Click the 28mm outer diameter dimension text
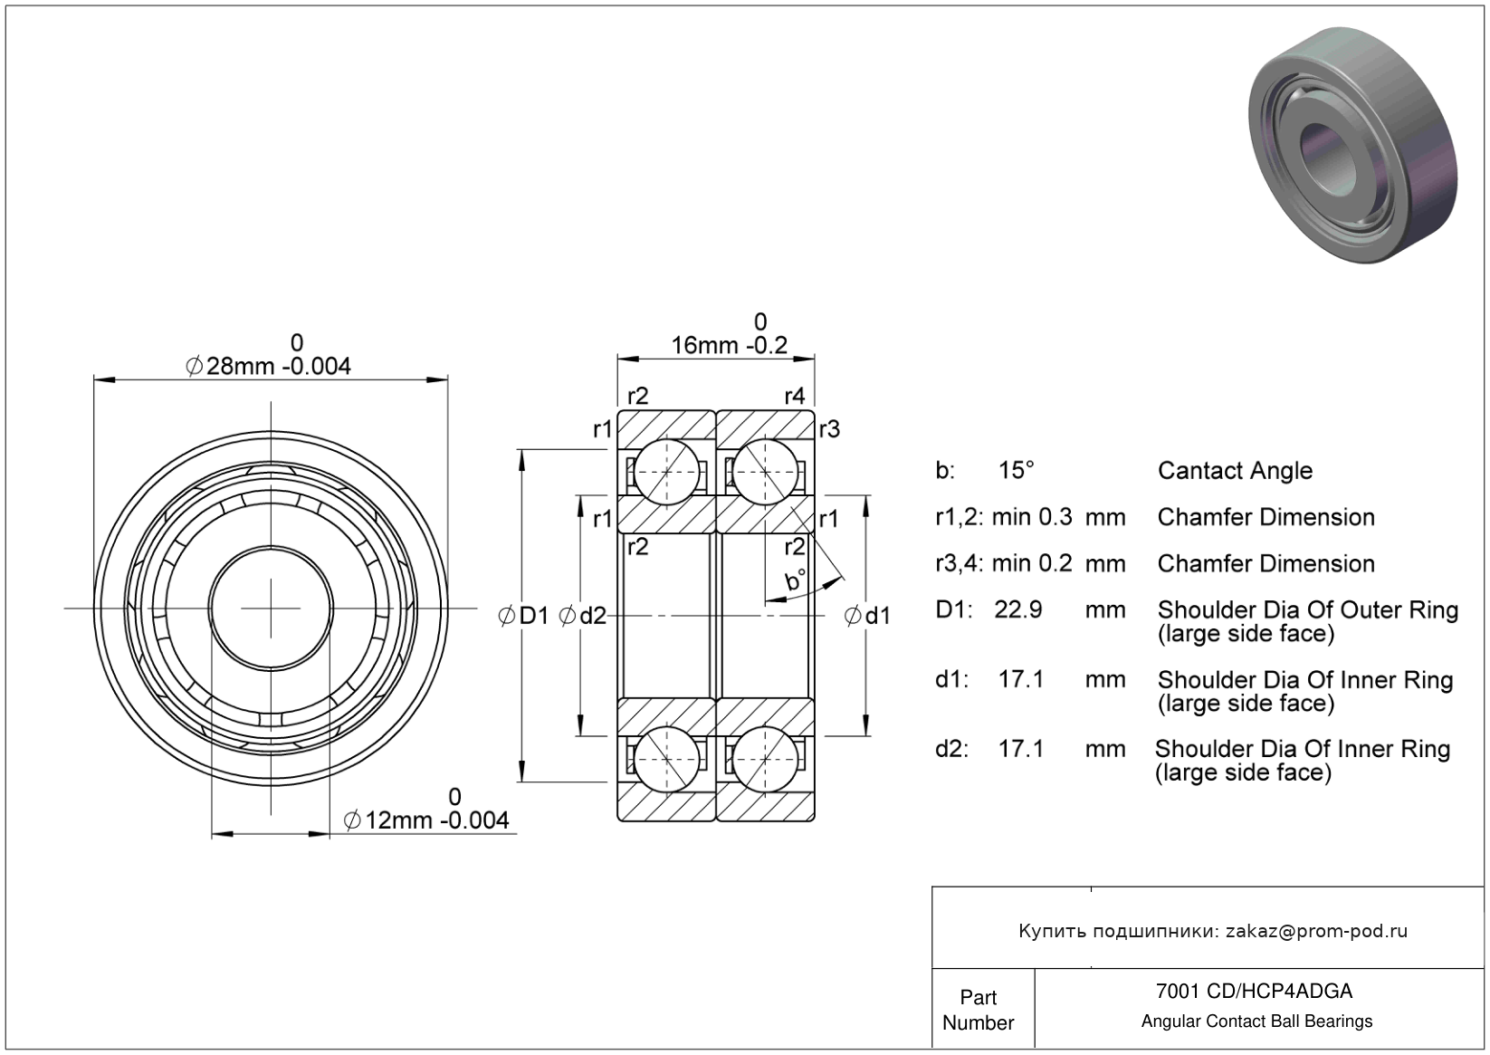269,366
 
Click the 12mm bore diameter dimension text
427,820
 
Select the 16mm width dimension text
729,345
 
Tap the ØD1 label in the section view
524,617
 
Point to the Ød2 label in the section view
583,617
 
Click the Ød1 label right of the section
867,617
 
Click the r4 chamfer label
794,396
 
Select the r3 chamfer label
829,429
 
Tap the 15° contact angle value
1016,470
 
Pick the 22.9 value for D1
1018,609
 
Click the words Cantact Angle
1235,470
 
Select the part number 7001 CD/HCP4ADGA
1255,991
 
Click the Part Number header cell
979,1010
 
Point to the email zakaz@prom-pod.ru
1316,931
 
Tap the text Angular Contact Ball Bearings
1256,1021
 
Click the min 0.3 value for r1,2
1032,517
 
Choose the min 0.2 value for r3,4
1032,563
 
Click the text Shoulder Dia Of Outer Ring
1307,610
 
